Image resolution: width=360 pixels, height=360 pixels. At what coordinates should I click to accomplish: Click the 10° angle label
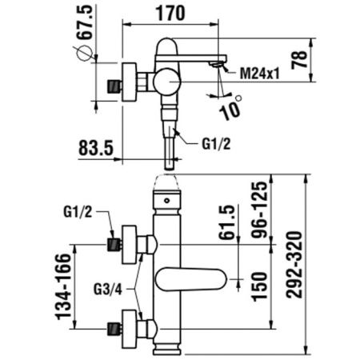click(x=234, y=106)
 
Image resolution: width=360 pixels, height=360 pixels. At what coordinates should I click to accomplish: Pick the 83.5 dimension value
click(x=98, y=149)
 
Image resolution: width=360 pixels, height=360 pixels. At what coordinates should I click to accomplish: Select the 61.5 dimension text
click(x=230, y=225)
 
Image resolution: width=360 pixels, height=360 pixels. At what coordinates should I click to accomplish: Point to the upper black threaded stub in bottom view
click(x=113, y=241)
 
